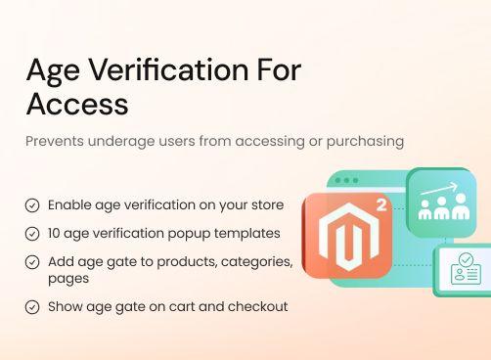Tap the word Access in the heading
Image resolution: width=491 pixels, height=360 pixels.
77,103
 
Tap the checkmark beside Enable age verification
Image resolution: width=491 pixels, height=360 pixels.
32,205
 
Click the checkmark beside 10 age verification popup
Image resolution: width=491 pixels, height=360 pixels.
32,234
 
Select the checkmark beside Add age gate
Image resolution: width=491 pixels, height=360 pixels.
32,262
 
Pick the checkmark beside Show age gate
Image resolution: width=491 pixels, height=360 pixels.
32,306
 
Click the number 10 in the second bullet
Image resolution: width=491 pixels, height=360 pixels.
56,234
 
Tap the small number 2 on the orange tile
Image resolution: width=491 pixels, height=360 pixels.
379,207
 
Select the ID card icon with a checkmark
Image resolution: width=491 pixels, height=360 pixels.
465,269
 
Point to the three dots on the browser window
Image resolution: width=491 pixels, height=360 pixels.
345,181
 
